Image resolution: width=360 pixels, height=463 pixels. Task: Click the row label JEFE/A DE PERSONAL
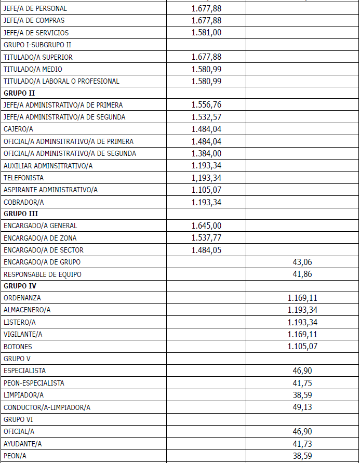tap(35, 9)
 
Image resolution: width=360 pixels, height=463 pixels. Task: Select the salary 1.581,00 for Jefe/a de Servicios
tap(206, 33)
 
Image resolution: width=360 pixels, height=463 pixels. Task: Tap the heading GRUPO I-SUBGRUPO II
tap(37, 45)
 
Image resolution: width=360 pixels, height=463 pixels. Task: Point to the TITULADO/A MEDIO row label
tap(33, 69)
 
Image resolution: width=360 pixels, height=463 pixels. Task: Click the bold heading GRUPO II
tap(19, 93)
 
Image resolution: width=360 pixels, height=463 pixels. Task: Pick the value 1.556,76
tap(206, 105)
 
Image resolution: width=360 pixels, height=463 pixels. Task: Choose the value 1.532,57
tap(206, 117)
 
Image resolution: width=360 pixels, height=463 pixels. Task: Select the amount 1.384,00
tap(206, 153)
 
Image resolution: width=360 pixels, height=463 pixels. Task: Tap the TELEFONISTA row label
tap(24, 178)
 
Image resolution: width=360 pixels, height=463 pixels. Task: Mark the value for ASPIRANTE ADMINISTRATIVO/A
tap(206, 190)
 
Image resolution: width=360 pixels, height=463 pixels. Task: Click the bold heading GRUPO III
tap(21, 214)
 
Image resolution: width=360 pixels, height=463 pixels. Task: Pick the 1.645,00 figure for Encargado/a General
tap(206, 226)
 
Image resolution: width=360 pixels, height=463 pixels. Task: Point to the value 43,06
tap(302, 262)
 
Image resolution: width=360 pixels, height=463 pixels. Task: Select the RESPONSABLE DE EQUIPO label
tap(43, 274)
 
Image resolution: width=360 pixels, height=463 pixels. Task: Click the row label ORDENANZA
tap(22, 298)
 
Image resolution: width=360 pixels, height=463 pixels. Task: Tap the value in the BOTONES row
tap(302, 347)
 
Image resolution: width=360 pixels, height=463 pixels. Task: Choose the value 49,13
tap(302, 407)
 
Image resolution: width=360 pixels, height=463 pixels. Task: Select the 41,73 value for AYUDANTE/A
tap(302, 443)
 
